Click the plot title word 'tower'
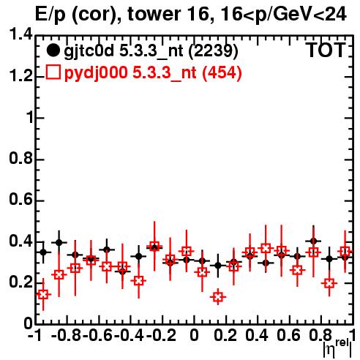pyautogui.click(x=154, y=15)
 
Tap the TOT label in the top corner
pyautogui.click(x=326, y=50)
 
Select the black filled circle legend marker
pyautogui.click(x=53, y=50)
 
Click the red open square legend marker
pyautogui.click(x=53, y=72)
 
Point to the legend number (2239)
pyautogui.click(x=213, y=51)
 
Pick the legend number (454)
pyautogui.click(x=222, y=72)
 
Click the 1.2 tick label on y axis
pyautogui.click(x=20, y=76)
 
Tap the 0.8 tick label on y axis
pyautogui.click(x=20, y=159)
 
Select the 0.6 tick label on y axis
pyautogui.click(x=20, y=200)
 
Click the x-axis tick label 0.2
pyautogui.click(x=225, y=335)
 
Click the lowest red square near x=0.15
pyautogui.click(x=218, y=297)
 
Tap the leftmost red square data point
pyautogui.click(x=43, y=294)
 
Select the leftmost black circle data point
pyautogui.click(x=43, y=252)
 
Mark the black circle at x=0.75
pyautogui.click(x=313, y=241)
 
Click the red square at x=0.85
pyautogui.click(x=329, y=283)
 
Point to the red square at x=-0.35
pyautogui.click(x=138, y=281)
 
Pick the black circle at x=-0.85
pyautogui.click(x=59, y=242)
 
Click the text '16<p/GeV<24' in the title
pyautogui.click(x=282, y=15)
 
